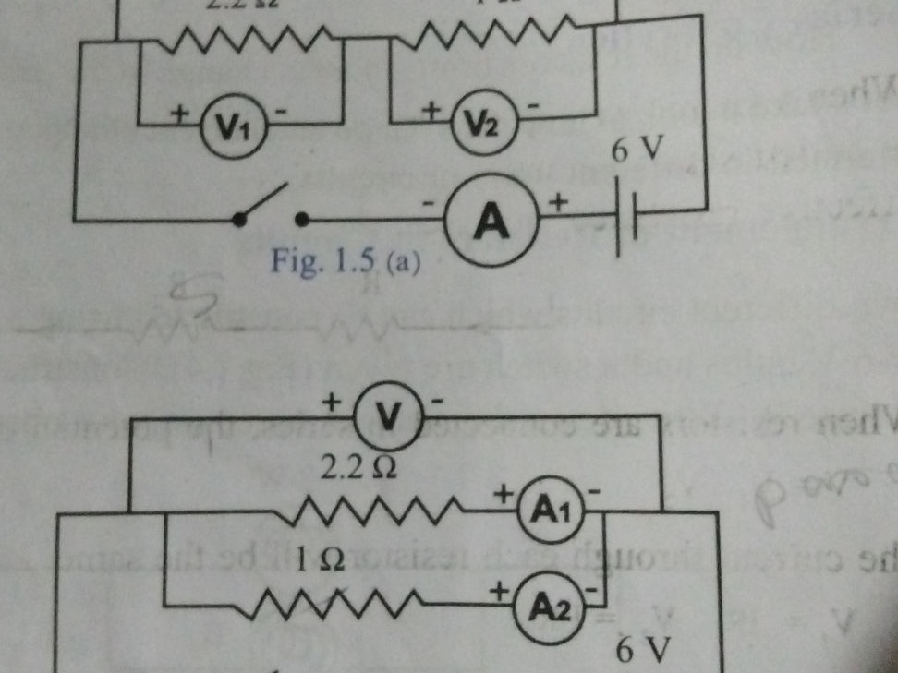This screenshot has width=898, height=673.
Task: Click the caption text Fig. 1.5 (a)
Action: pyautogui.click(x=346, y=265)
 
